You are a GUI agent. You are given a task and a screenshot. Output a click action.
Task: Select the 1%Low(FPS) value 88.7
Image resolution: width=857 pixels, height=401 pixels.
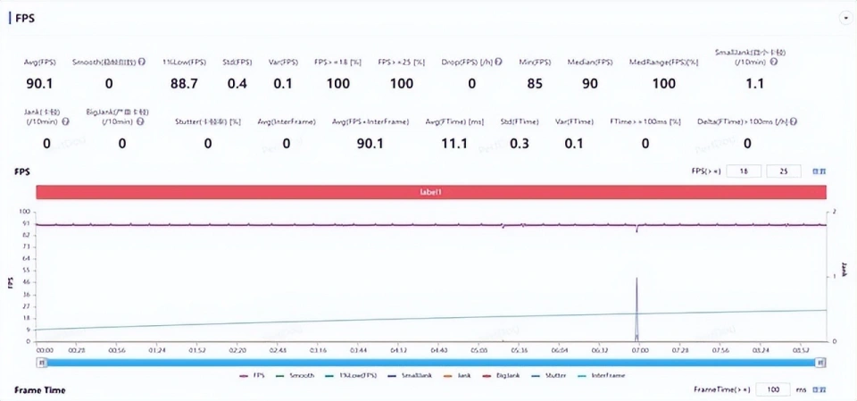[184, 84]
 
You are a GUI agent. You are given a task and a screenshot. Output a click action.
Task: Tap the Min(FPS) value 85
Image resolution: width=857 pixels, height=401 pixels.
[534, 84]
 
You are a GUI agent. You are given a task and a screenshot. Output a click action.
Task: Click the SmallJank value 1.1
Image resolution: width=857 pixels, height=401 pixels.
[754, 84]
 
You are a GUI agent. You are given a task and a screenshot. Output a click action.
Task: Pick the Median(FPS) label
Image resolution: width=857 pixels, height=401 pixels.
[590, 62]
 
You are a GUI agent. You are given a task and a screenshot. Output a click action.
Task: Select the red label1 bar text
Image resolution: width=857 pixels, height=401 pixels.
[431, 192]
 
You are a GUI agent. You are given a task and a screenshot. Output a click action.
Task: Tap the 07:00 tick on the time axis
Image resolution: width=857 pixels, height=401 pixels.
[638, 350]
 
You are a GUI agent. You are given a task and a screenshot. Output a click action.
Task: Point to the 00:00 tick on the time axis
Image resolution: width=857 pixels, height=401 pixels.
[45, 350]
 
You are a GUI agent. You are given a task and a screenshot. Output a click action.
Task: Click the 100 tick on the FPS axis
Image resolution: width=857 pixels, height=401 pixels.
[27, 212]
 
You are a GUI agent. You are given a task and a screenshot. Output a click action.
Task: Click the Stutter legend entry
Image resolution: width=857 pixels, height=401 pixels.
[555, 376]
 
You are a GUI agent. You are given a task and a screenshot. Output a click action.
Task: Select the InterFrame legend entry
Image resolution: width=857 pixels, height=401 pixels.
[608, 376]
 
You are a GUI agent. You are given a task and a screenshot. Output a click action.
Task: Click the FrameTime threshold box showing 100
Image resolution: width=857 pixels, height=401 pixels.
[773, 390]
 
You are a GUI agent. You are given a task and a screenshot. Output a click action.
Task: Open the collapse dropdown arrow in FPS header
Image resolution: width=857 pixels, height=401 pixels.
[845, 18]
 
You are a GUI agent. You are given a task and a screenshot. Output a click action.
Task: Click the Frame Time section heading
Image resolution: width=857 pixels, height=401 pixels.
[40, 390]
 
